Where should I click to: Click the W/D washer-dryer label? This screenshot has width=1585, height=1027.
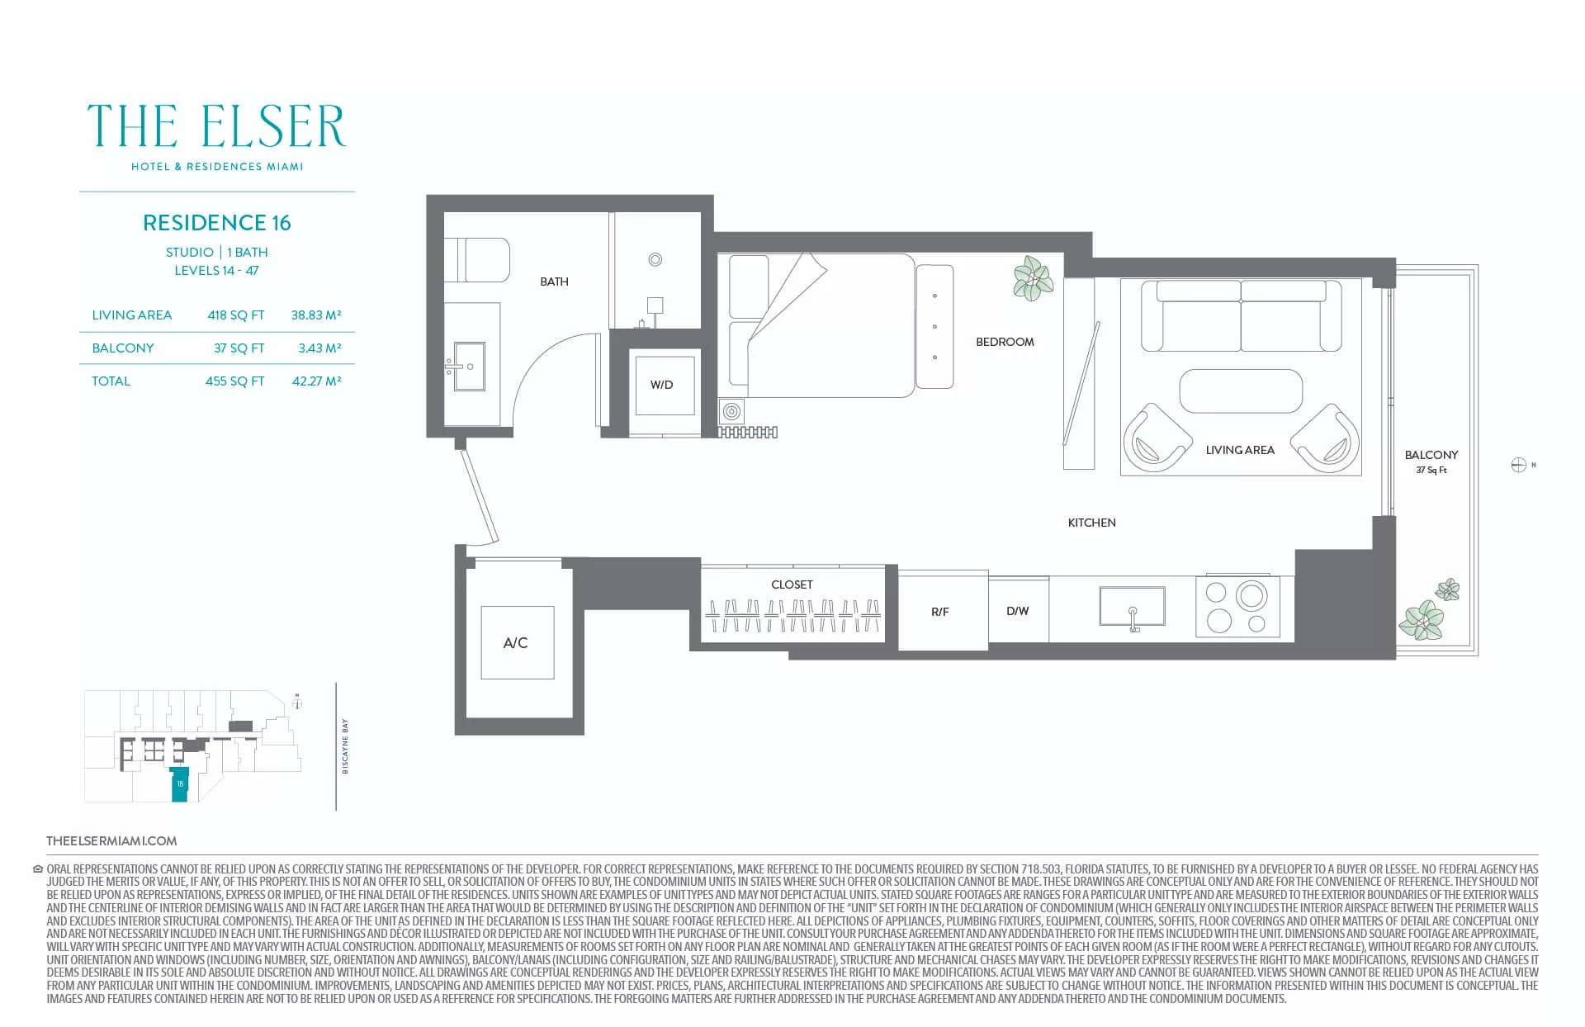[661, 385]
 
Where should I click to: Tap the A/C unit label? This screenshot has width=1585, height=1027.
[516, 642]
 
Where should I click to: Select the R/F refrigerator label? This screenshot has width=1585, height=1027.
[940, 612]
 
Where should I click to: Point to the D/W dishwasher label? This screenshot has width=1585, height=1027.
[1018, 611]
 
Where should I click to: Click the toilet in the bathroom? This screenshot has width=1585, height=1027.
[476, 259]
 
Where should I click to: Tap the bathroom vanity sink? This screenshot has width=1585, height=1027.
[468, 366]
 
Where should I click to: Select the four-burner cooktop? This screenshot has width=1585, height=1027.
[1237, 607]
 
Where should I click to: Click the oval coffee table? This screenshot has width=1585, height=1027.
[1241, 390]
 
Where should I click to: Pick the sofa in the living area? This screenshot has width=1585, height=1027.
[1241, 315]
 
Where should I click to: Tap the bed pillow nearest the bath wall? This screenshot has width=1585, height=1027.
[749, 286]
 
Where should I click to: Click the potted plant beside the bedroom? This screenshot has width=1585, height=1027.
[1033, 277]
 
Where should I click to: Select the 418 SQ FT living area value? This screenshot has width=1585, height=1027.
[236, 315]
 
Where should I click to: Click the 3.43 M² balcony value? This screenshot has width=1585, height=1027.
[319, 348]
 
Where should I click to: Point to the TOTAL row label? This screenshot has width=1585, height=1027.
[111, 381]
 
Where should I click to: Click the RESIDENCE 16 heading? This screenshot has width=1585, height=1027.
[217, 223]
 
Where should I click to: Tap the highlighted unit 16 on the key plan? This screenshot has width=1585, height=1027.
[180, 784]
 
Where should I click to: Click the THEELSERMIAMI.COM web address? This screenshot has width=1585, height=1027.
[111, 841]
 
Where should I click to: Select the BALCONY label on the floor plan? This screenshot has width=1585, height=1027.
[1431, 455]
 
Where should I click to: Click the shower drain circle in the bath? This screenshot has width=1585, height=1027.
[655, 259]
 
